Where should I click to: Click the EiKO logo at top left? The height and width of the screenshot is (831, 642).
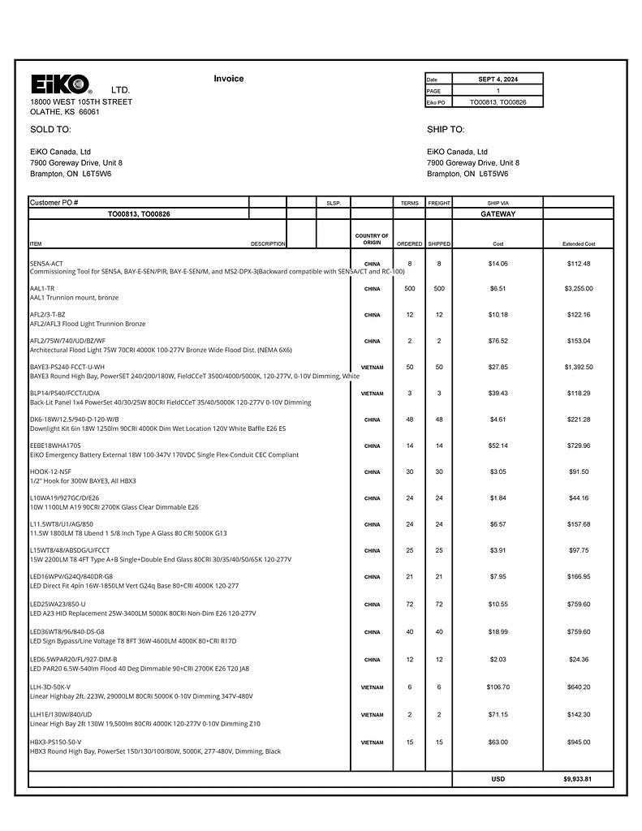(61, 84)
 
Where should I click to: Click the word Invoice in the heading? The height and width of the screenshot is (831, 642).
(228, 79)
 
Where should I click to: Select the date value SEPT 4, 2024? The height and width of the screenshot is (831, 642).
(498, 80)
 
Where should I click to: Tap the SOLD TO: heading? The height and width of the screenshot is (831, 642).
(50, 129)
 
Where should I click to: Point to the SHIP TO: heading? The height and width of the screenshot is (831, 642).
(446, 129)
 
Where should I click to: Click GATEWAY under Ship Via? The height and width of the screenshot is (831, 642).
(498, 214)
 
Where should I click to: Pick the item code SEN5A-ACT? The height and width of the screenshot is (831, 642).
(46, 264)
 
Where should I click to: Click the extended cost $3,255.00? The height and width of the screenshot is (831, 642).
(579, 288)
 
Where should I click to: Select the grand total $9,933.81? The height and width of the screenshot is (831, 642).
(578, 779)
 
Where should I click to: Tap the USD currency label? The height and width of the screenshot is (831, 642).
(498, 779)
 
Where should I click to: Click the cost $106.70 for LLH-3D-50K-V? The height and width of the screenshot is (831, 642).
(498, 687)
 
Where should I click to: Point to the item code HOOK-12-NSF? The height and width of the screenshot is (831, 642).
(50, 471)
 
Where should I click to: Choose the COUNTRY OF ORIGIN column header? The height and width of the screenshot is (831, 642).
(372, 239)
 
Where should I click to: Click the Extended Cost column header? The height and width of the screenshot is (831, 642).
(579, 244)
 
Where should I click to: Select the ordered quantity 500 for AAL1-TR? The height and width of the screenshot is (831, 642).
(410, 288)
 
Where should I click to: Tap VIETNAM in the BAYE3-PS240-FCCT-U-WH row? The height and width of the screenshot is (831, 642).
(372, 368)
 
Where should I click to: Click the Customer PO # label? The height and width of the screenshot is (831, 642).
(54, 202)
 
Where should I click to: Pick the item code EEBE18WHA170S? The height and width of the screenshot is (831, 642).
(55, 446)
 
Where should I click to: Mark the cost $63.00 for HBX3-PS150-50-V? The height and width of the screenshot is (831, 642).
(498, 742)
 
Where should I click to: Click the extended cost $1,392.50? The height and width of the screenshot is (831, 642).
(579, 367)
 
